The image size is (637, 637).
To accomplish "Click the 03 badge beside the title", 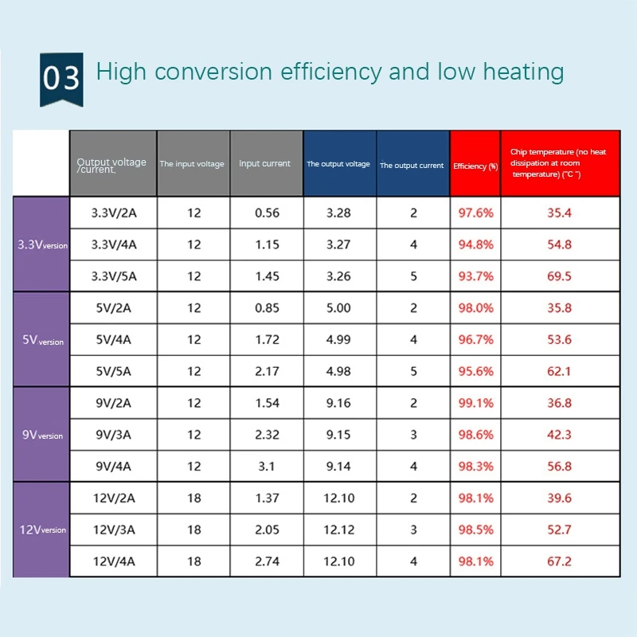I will pyautogui.click(x=61, y=78).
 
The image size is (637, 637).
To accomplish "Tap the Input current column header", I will pyautogui.click(x=265, y=164).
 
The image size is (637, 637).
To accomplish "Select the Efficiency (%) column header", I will pyautogui.click(x=475, y=166).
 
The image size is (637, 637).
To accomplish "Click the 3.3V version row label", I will pyautogui.click(x=42, y=244).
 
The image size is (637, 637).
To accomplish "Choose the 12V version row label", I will pyautogui.click(x=42, y=530).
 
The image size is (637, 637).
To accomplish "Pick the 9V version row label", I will pyautogui.click(x=42, y=435).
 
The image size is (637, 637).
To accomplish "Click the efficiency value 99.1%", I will pyautogui.click(x=476, y=403).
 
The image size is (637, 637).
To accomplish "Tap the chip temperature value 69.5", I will pyautogui.click(x=559, y=276).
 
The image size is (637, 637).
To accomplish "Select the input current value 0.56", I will pyautogui.click(x=268, y=213).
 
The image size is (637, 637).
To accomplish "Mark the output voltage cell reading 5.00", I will pyautogui.click(x=338, y=307).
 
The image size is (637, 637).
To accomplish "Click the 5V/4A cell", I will pyautogui.click(x=115, y=339).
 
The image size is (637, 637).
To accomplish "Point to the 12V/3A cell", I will pyautogui.click(x=115, y=530).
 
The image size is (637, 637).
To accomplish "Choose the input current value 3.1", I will pyautogui.click(x=268, y=466).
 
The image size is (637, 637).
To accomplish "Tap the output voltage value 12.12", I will pyautogui.click(x=338, y=530).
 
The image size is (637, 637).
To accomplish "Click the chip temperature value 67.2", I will pyautogui.click(x=559, y=561).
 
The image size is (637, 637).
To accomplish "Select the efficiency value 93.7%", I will pyautogui.click(x=476, y=276).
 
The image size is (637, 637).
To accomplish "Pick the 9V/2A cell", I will pyautogui.click(x=115, y=403).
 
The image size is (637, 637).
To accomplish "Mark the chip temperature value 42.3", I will pyautogui.click(x=559, y=435).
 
